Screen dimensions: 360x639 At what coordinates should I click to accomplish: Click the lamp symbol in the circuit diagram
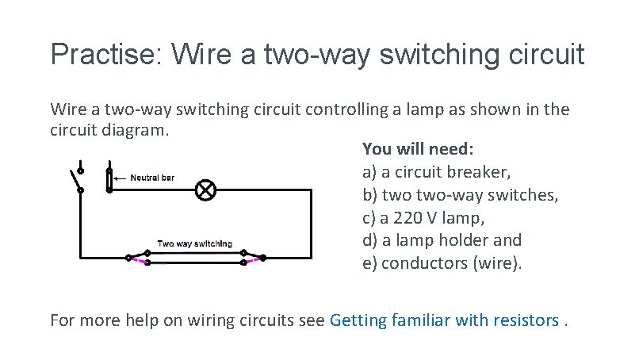coord(205,190)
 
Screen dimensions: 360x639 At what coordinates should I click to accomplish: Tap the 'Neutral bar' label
coord(152,178)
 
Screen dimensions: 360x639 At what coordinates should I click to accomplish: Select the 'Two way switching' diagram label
coord(195,243)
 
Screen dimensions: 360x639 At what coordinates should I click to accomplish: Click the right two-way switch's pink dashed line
coord(254,259)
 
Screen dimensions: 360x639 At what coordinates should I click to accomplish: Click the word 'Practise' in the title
coord(104,54)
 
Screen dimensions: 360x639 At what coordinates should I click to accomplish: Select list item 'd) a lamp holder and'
coord(442,240)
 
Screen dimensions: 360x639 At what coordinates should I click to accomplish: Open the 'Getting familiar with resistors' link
coord(444,320)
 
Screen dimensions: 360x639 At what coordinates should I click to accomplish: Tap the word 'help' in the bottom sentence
coord(156,320)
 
